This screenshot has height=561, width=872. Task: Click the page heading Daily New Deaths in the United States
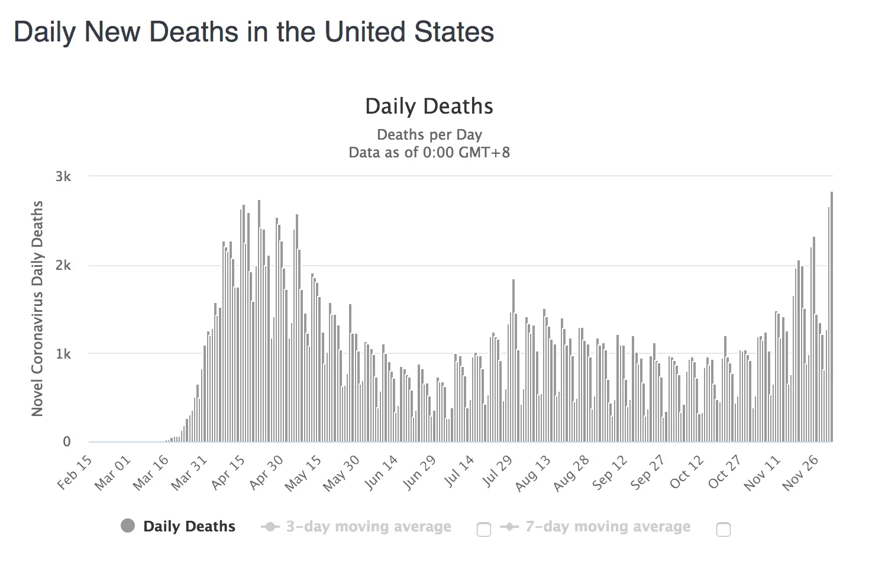coord(254,32)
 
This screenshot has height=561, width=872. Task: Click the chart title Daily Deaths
coord(429,107)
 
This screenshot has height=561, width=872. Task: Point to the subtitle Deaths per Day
coord(429,135)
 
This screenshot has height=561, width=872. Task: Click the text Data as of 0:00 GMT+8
coord(429,153)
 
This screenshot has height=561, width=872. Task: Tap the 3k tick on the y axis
coord(63,176)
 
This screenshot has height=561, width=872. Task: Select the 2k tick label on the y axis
coord(63,265)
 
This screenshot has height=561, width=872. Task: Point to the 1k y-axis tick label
coord(63,354)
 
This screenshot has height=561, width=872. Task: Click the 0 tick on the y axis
coord(67,441)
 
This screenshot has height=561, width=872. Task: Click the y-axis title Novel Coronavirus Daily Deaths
coord(37,308)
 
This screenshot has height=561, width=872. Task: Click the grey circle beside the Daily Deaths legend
coord(128,525)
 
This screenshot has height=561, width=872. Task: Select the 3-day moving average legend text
coord(369,527)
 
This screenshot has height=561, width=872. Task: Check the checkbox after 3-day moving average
coord(484,529)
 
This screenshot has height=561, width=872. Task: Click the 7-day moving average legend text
coord(608,527)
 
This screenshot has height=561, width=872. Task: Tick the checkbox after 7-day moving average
coord(723,529)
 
